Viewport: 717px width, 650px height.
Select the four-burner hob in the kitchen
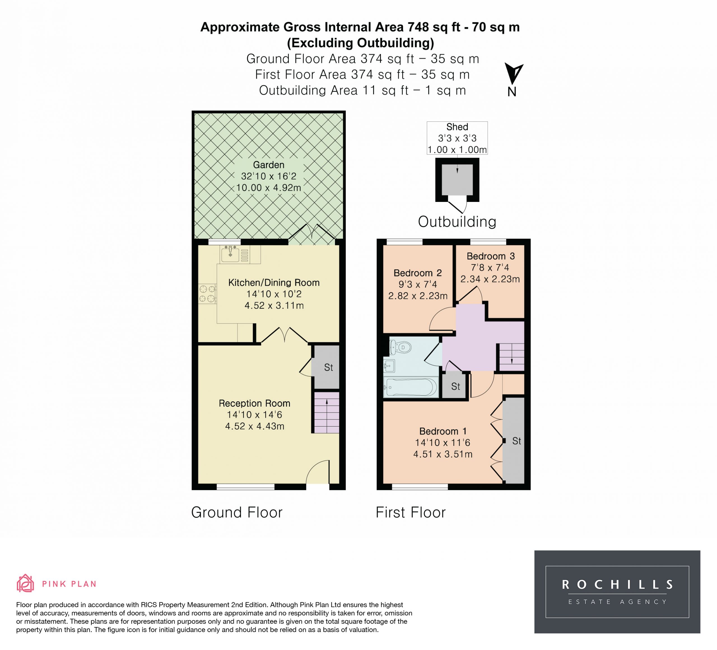pyautogui.click(x=207, y=294)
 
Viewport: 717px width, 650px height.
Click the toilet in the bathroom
pyautogui.click(x=400, y=347)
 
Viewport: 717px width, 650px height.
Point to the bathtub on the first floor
pyautogui.click(x=411, y=387)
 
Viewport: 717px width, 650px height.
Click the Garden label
pyautogui.click(x=269, y=165)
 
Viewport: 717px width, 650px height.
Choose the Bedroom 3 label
pyautogui.click(x=490, y=256)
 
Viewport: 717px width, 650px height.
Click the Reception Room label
pyautogui.click(x=254, y=403)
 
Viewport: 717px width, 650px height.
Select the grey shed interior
pyautogui.click(x=457, y=180)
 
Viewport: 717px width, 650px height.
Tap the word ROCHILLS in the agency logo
pyautogui.click(x=617, y=584)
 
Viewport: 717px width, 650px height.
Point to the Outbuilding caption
pyautogui.click(x=457, y=222)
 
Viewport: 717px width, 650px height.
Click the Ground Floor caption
pyautogui.click(x=237, y=512)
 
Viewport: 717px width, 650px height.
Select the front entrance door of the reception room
pyautogui.click(x=318, y=472)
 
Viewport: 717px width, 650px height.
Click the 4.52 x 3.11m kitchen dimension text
pyautogui.click(x=274, y=306)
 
